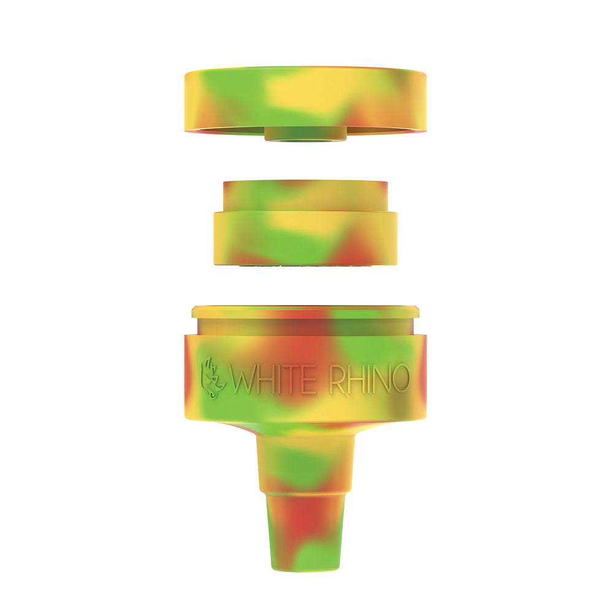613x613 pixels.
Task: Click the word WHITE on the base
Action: tap(273, 379)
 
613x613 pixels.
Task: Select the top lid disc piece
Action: tap(305, 101)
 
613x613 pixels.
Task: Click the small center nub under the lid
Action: tap(305, 134)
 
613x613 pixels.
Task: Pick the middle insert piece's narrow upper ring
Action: tap(305, 196)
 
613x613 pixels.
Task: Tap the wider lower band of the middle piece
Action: tap(305, 238)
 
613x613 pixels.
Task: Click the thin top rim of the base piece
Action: tap(305, 312)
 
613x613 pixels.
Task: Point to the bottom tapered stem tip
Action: tap(305, 531)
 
